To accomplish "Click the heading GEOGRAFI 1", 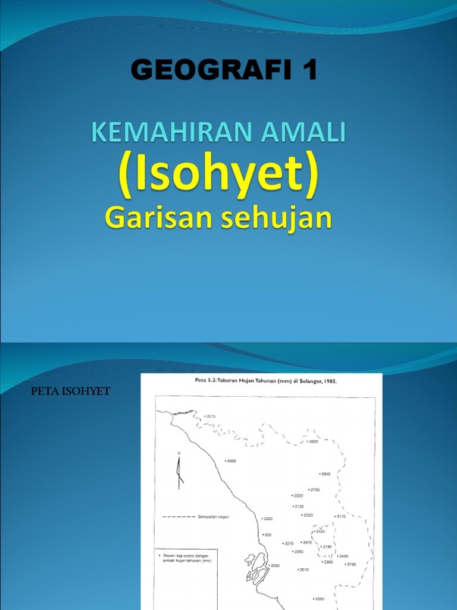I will click(224, 71).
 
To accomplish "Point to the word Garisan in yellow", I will click(149, 218).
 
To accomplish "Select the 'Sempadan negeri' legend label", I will click(213, 517).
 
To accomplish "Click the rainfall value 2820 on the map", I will click(314, 442).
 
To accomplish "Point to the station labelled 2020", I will click(231, 461).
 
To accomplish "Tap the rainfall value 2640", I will click(325, 474).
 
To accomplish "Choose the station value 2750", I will click(315, 490).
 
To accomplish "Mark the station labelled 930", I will click(267, 535).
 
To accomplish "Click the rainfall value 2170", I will click(340, 516).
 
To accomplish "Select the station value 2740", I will click(350, 564).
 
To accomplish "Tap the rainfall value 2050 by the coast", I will click(274, 566).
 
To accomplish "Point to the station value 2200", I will click(319, 599).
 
